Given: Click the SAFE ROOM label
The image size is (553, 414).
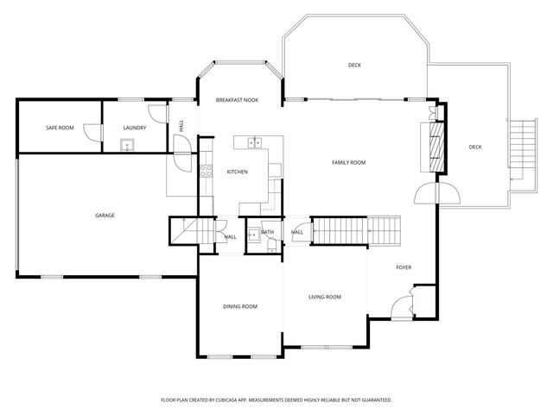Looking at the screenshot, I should click(60, 128).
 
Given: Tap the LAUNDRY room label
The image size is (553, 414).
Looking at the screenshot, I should click(134, 128).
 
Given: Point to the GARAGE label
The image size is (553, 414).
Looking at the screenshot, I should click(105, 215).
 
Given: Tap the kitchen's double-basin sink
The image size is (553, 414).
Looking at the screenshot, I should click(255, 142).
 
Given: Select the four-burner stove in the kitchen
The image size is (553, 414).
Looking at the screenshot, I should click(206, 171).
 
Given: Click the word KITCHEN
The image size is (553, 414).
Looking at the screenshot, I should click(237, 172).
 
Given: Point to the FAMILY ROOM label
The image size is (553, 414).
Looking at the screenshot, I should click(349, 162).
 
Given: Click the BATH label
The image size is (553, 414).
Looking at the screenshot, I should click(267, 232).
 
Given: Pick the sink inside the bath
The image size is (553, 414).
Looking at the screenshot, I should click(253, 234).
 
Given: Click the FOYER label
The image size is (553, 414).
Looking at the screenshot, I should click(404, 267).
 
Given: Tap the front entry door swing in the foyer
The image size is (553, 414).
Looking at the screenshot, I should click(402, 305).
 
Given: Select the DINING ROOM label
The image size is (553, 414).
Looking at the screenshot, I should click(240, 306).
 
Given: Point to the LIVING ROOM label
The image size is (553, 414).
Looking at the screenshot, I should click(325, 297).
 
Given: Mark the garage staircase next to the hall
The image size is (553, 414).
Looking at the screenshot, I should click(185, 231).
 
